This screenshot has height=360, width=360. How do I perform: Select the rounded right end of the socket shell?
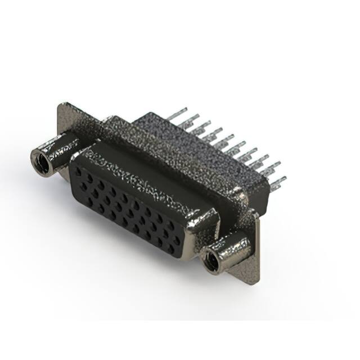click(x=208, y=225)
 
